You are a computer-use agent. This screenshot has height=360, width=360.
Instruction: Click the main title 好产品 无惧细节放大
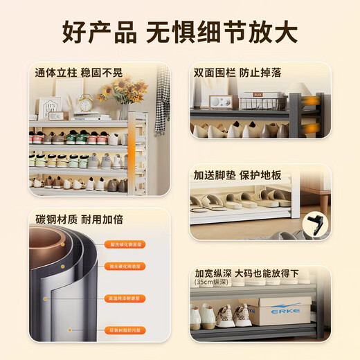pos(180,32)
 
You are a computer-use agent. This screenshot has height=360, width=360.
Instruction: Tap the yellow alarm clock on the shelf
pos(85,102)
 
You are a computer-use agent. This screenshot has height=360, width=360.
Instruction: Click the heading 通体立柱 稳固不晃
pos(80,71)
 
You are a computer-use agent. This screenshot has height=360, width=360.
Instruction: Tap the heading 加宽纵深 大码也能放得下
pos(253,272)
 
